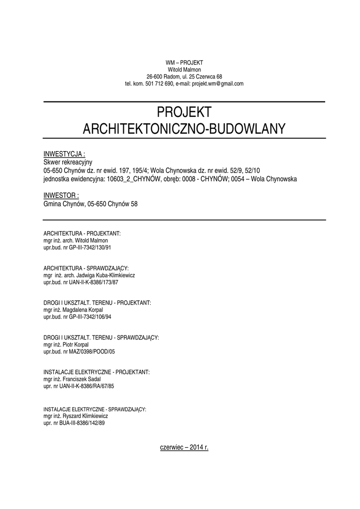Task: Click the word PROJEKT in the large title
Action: click(184, 112)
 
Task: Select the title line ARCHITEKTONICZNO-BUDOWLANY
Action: click(184, 129)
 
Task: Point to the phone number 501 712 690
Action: click(159, 84)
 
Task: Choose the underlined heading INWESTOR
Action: click(62, 195)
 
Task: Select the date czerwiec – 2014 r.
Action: click(184, 447)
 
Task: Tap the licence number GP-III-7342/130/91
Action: click(90, 248)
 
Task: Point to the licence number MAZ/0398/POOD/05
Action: click(89, 351)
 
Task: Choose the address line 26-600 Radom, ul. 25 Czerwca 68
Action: click(184, 77)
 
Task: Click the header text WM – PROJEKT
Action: click(184, 63)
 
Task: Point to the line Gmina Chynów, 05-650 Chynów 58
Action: click(90, 204)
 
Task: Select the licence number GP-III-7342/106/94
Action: click(90, 317)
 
